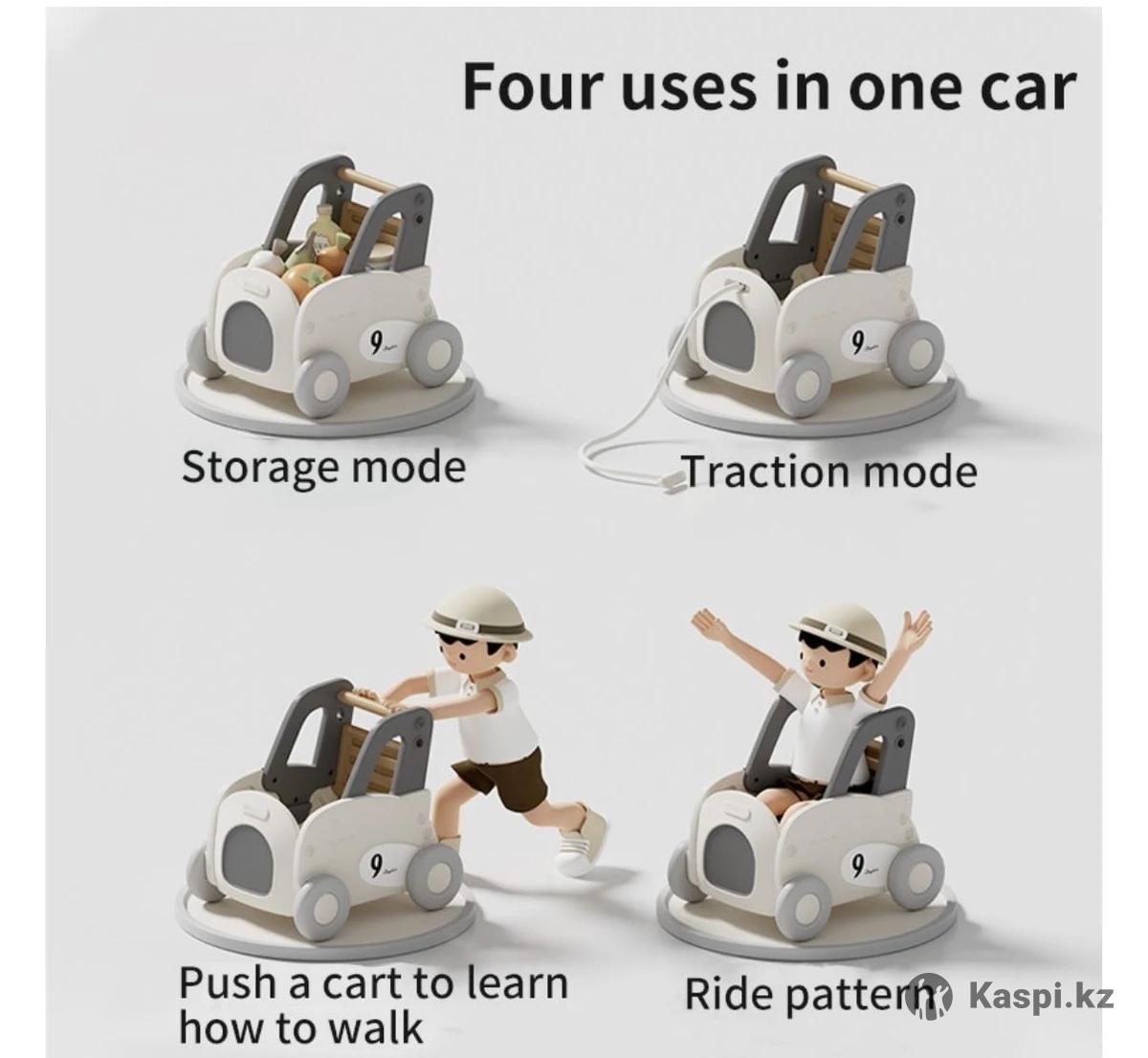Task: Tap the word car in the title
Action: click(1027, 91)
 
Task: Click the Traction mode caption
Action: click(830, 473)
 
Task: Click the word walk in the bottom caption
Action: click(375, 1028)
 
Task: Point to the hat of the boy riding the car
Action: click(838, 623)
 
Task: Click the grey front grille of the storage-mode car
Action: click(247, 337)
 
